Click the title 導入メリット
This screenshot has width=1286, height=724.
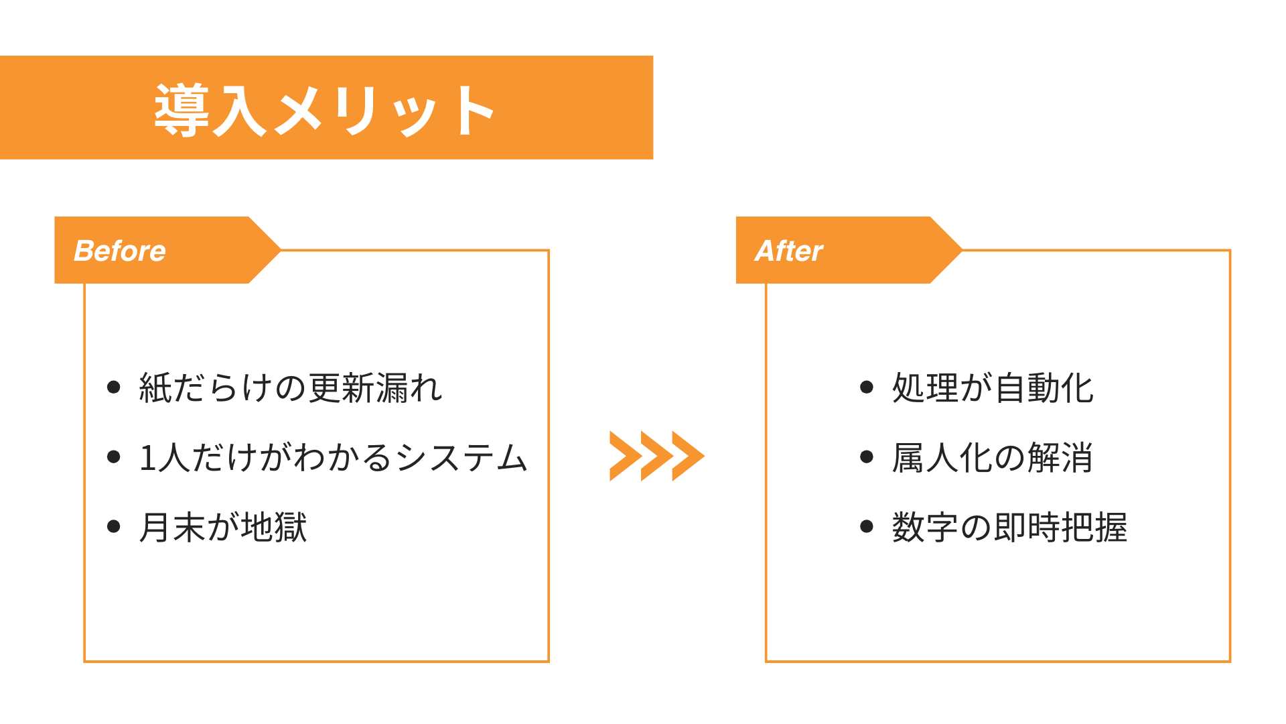click(326, 109)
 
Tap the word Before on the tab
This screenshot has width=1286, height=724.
click(120, 251)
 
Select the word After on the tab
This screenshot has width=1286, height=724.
click(788, 251)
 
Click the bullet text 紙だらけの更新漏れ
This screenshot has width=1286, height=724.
click(291, 388)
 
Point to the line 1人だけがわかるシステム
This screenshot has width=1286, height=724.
click(333, 458)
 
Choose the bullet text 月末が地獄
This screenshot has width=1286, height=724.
click(223, 527)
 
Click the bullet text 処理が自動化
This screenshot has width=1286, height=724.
click(993, 388)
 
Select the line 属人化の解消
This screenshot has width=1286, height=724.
click(992, 458)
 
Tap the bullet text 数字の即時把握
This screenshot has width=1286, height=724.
click(1009, 527)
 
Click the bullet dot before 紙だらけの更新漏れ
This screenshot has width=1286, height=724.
click(114, 387)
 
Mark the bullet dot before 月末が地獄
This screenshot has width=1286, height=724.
click(114, 526)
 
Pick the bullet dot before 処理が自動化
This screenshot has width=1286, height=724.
click(867, 387)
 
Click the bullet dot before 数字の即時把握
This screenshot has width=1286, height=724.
click(867, 526)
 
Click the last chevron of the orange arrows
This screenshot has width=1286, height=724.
click(689, 456)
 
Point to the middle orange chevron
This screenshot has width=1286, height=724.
click(656, 456)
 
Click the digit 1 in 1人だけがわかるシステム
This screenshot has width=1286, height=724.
click(147, 459)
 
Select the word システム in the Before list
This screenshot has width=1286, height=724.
click(462, 459)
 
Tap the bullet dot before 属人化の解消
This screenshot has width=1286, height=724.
click(867, 457)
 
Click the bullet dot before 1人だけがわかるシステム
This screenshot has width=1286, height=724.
click(114, 457)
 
